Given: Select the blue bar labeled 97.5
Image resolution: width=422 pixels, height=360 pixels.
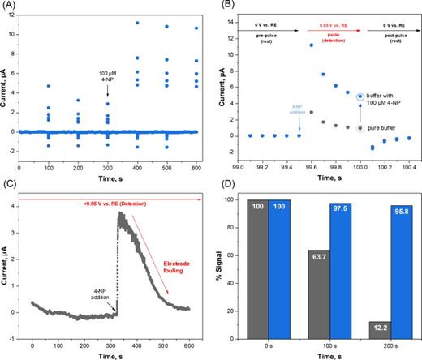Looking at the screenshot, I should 347,272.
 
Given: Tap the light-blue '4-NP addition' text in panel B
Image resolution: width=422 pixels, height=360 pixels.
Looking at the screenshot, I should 291,106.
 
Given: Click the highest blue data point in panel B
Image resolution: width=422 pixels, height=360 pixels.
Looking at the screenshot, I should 311,45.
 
